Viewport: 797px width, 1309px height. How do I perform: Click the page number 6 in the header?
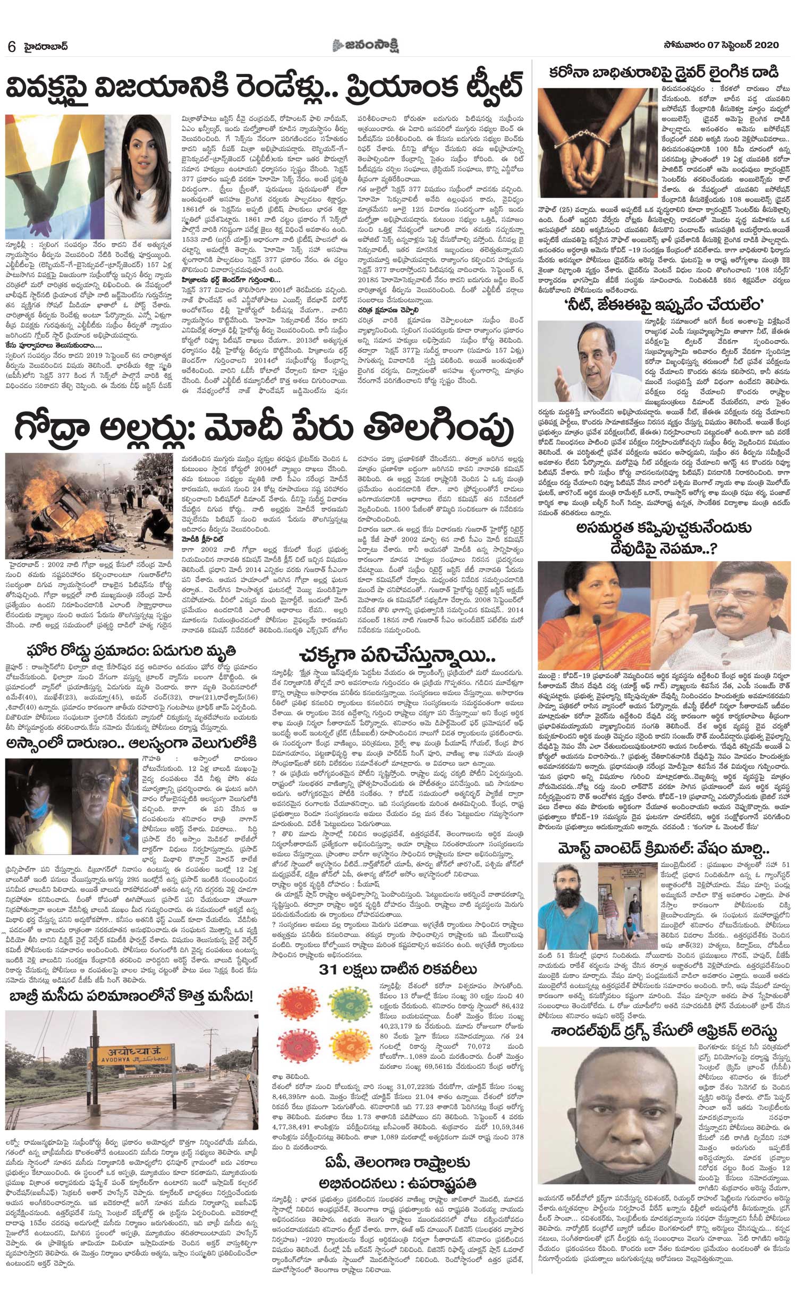pyautogui.click(x=11, y=46)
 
